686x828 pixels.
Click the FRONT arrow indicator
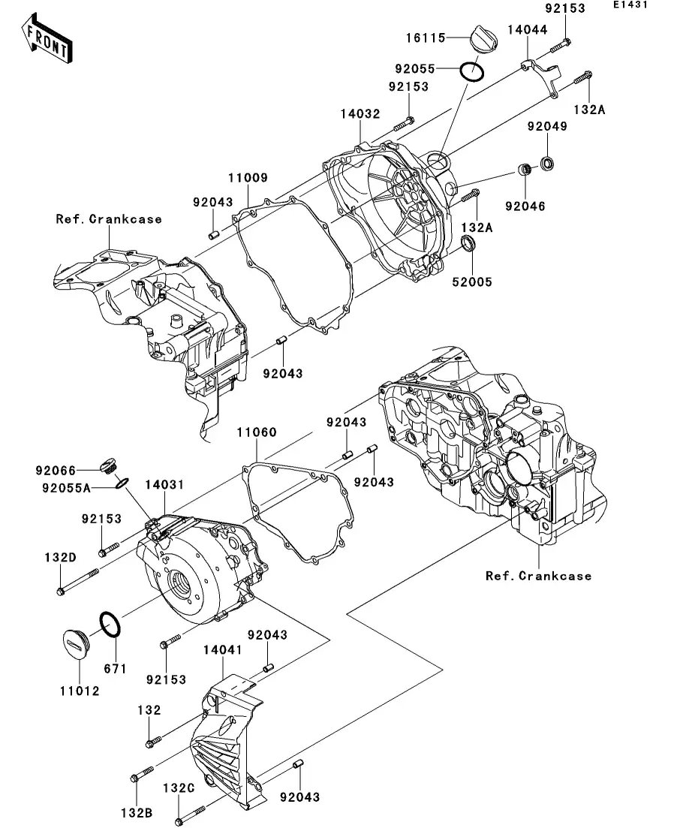[x=47, y=41]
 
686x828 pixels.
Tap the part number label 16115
[x=426, y=38]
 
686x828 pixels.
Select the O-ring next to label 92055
[x=471, y=71]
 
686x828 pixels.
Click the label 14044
[x=528, y=30]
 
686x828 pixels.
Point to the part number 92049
[x=546, y=126]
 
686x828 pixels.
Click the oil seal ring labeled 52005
[x=468, y=243]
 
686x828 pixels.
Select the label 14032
[x=359, y=113]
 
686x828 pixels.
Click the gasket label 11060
[x=257, y=432]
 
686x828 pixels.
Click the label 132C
[x=179, y=787]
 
